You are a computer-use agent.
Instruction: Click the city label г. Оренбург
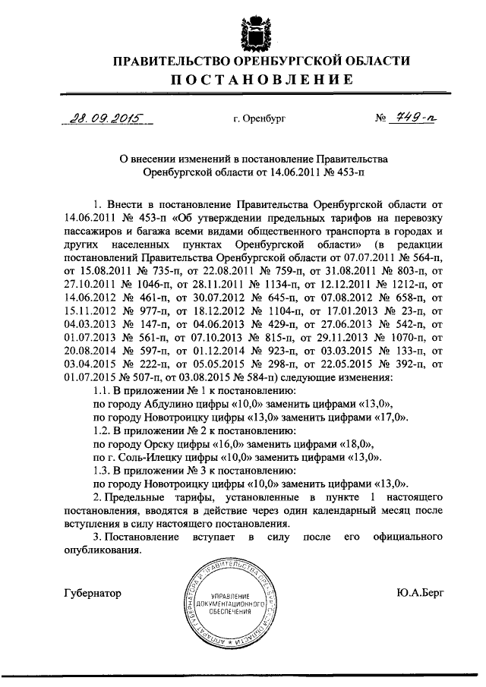[x=258, y=119]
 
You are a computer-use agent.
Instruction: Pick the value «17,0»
[x=391, y=417]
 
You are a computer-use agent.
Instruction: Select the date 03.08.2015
[x=185, y=376]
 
